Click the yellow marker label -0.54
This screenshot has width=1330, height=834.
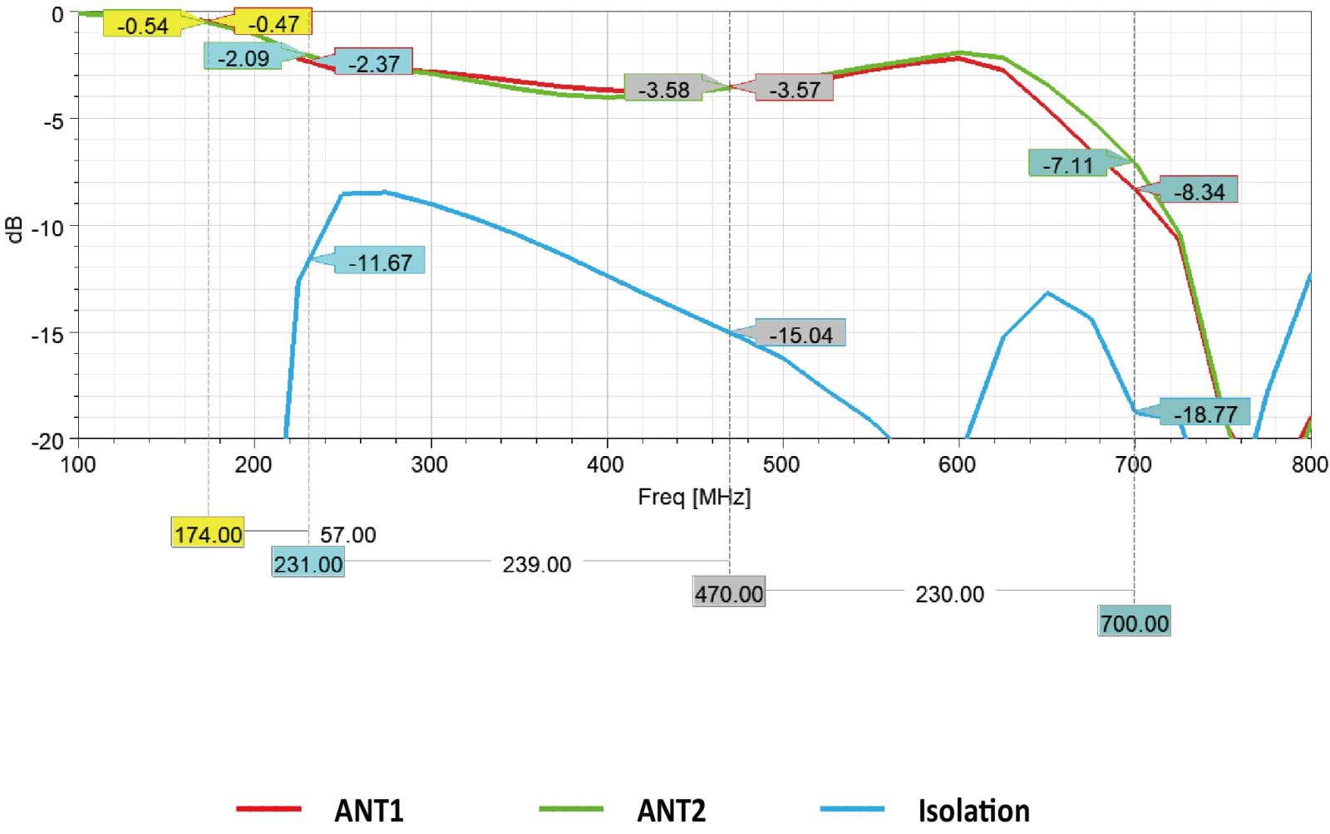pyautogui.click(x=142, y=26)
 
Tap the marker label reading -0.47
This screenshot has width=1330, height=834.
pyautogui.click(x=273, y=24)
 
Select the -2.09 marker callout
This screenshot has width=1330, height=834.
pyautogui.click(x=243, y=58)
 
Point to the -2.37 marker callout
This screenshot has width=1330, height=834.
pyautogui.click(x=374, y=63)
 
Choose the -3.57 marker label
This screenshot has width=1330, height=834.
pyautogui.click(x=794, y=89)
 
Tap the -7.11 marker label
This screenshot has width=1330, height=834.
pyautogui.click(x=1067, y=164)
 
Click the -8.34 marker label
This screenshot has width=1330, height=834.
pyautogui.click(x=1199, y=192)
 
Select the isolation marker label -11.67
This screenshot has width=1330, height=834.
pyautogui.click(x=380, y=262)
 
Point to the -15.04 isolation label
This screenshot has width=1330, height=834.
pyautogui.click(x=800, y=335)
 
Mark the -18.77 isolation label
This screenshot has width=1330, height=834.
pyautogui.click(x=1205, y=413)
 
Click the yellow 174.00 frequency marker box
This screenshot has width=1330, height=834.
pyautogui.click(x=208, y=533)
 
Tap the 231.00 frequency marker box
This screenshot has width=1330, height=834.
pyautogui.click(x=308, y=564)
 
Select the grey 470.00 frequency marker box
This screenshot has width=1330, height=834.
pyautogui.click(x=729, y=594)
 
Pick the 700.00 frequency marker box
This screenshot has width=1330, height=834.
pyautogui.click(x=1135, y=623)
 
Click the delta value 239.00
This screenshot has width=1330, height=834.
pyautogui.click(x=536, y=565)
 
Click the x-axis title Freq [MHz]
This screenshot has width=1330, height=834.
pyautogui.click(x=694, y=497)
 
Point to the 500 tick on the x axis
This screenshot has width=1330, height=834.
pyautogui.click(x=781, y=464)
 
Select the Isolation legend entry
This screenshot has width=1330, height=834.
pyautogui.click(x=973, y=810)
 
